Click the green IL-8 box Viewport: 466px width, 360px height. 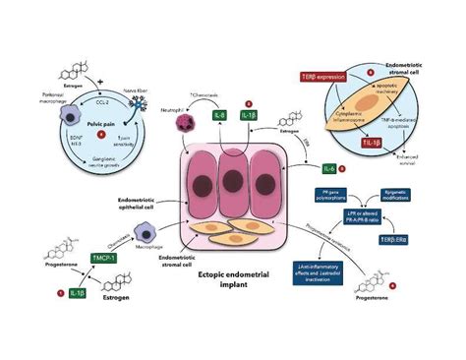219,117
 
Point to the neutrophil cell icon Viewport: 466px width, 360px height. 183,119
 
